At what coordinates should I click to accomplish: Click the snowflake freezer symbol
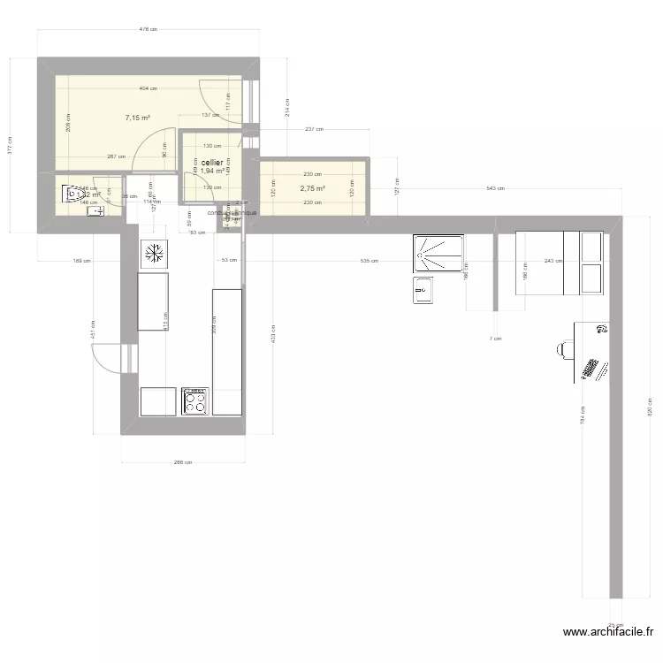(x=153, y=253)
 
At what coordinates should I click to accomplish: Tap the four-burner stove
(x=194, y=401)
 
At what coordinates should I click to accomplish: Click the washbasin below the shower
(x=423, y=289)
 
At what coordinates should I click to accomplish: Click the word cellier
(x=211, y=163)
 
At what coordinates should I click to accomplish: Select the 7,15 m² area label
(x=137, y=118)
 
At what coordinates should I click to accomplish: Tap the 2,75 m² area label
(x=312, y=188)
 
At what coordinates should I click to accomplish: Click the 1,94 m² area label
(x=210, y=171)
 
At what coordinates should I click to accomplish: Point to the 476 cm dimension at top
(x=149, y=29)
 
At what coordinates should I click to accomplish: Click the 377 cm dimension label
(x=10, y=146)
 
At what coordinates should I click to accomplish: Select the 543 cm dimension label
(x=495, y=188)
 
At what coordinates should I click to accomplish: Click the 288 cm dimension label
(x=183, y=461)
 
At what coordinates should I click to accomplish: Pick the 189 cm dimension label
(x=79, y=262)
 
